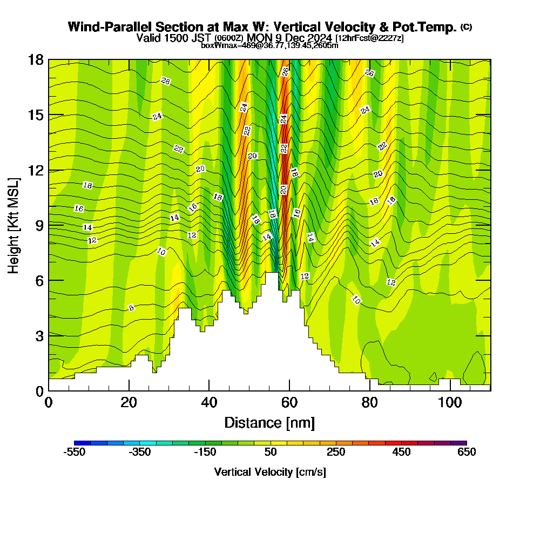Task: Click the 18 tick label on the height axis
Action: coord(36,59)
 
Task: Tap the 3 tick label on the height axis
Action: coord(39,335)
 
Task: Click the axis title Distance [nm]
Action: coord(269,422)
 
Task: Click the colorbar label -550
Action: coord(75,452)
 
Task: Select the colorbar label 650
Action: coord(467,452)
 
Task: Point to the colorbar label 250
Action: coord(336,452)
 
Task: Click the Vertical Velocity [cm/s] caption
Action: coord(270,472)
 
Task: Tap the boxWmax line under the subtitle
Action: coord(269,45)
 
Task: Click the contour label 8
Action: coord(131,308)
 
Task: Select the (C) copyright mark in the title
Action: coord(467,27)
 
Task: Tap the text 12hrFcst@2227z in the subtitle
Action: coord(369,38)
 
